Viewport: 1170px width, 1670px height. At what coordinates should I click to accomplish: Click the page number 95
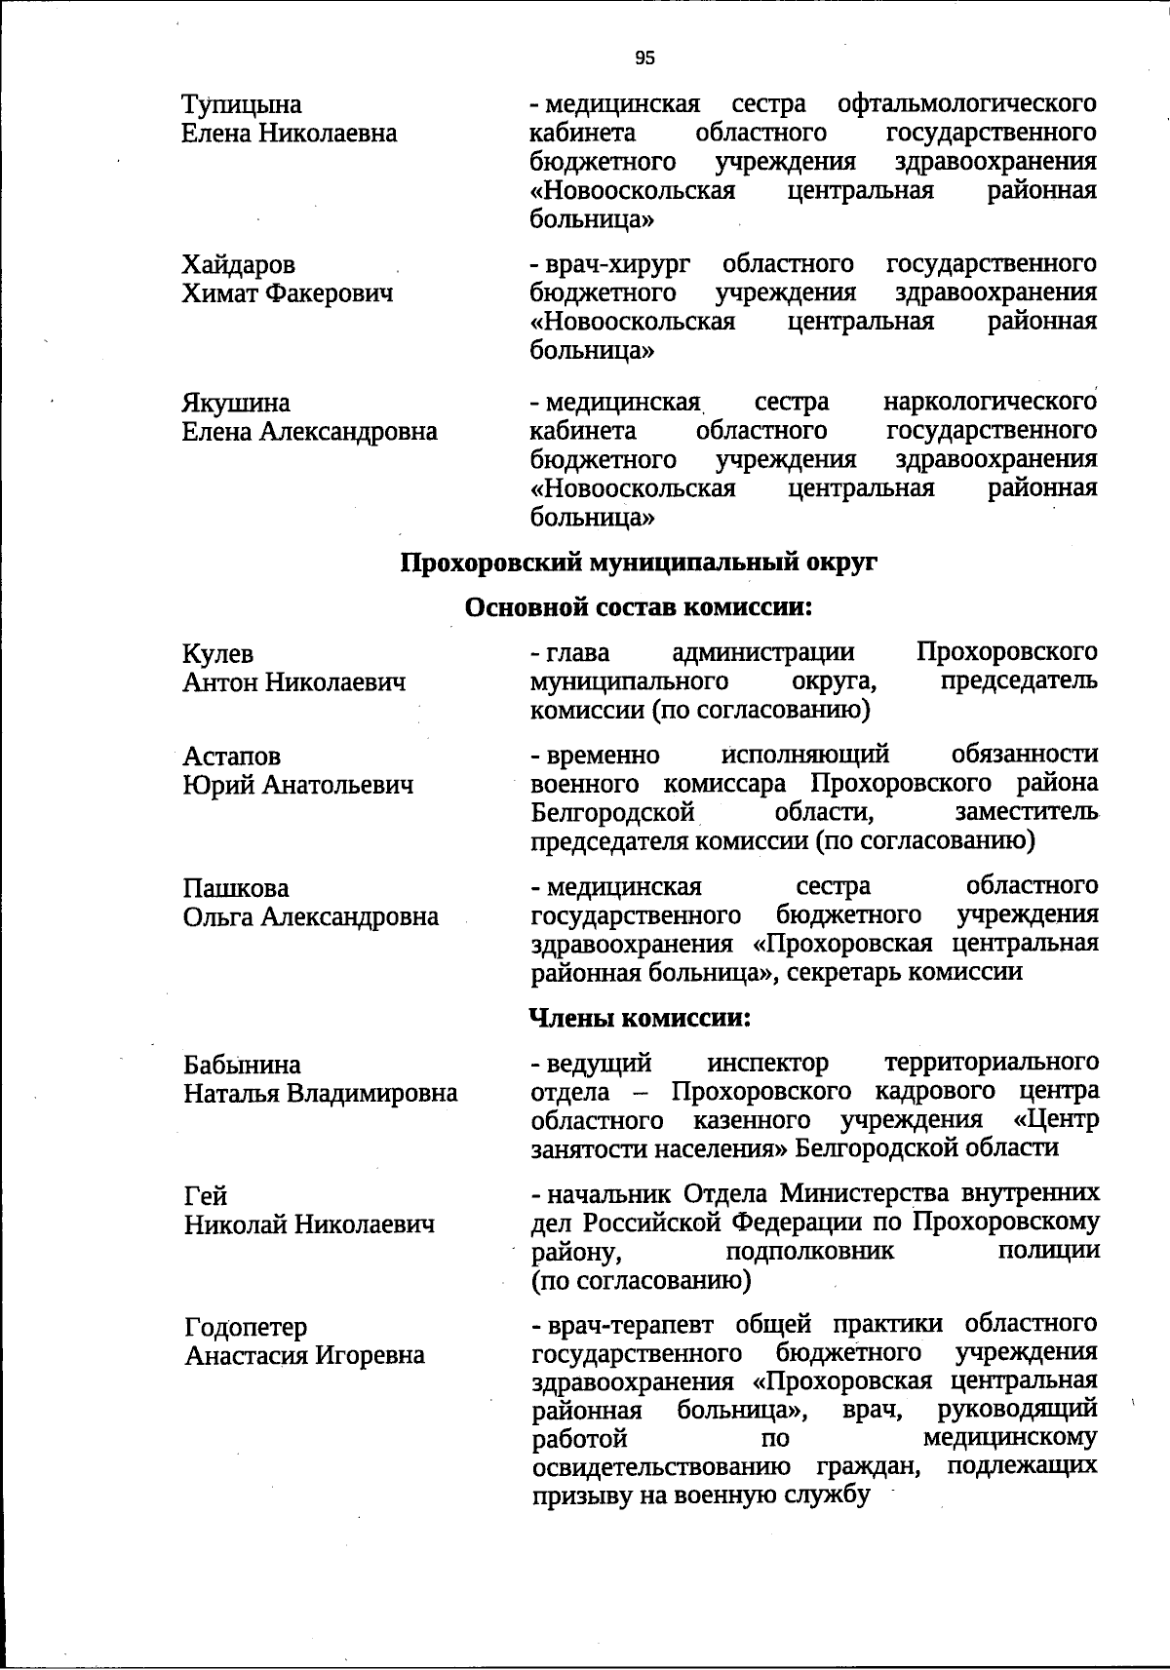[645, 58]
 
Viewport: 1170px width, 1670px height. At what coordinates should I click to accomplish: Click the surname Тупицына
[242, 104]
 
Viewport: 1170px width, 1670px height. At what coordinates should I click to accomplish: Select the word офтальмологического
[966, 103]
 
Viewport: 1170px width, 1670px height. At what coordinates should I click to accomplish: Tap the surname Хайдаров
[239, 265]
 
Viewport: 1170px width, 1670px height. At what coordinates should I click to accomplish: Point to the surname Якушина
[236, 403]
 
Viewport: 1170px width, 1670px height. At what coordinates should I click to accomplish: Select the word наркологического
[990, 402]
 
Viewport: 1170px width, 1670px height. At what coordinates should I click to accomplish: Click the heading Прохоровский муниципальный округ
[640, 563]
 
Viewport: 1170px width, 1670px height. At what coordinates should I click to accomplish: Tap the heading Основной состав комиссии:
[639, 608]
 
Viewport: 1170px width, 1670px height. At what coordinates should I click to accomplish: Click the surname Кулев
[218, 654]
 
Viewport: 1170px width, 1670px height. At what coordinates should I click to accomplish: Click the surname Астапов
[231, 757]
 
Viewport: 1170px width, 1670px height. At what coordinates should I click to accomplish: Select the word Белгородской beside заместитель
[613, 812]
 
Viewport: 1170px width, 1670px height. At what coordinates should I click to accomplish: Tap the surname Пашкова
[236, 889]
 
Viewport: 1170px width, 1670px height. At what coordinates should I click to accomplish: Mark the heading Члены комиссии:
[640, 1019]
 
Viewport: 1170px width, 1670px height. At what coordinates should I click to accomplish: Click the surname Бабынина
[242, 1065]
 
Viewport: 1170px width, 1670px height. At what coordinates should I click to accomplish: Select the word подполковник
[809, 1251]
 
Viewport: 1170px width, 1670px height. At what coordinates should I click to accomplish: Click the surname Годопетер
[246, 1328]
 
